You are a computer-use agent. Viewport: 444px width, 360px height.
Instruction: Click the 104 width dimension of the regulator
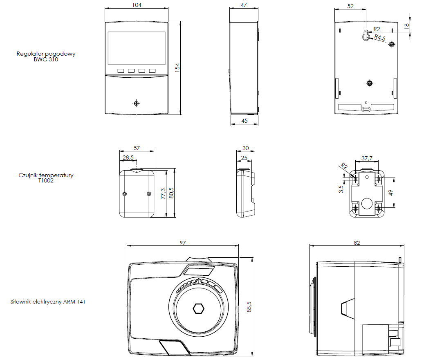[x=137, y=5]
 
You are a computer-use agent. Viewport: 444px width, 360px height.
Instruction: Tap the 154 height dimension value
[x=177, y=68]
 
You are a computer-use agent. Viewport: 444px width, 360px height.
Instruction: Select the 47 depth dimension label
[x=244, y=5]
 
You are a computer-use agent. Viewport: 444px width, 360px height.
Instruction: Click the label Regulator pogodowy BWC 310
[x=46, y=56]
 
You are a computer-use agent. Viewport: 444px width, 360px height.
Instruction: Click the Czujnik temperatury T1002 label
[x=46, y=178]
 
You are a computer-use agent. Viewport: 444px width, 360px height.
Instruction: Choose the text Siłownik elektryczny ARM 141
[x=48, y=302]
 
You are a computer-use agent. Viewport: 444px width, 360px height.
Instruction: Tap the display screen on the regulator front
[x=137, y=48]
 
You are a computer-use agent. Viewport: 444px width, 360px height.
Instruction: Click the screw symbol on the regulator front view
[x=137, y=103]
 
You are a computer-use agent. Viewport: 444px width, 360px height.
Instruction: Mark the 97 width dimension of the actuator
[x=182, y=243]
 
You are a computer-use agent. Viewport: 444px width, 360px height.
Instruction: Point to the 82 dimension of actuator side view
[x=357, y=243]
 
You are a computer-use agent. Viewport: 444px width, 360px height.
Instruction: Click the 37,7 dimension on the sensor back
[x=367, y=158]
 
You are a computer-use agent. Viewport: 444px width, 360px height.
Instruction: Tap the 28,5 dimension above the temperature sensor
[x=128, y=157]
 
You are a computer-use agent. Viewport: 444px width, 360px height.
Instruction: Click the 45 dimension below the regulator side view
[x=244, y=121]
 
